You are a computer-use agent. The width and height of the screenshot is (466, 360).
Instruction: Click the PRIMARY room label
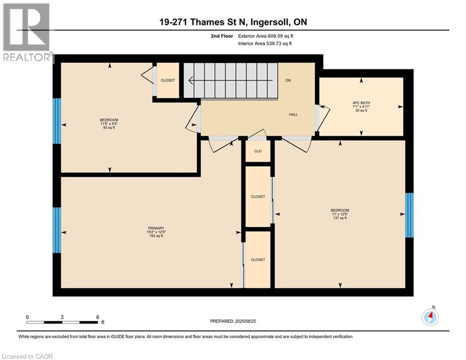156,228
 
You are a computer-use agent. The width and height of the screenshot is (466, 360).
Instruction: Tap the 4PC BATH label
361,102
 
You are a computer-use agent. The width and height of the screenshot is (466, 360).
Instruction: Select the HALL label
293,114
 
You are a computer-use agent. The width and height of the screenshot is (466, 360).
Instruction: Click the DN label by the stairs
288,80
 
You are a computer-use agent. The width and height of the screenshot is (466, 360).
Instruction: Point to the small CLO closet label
258,151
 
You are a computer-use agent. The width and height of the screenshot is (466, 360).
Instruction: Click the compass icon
430,317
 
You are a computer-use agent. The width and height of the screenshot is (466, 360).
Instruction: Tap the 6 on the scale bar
97,317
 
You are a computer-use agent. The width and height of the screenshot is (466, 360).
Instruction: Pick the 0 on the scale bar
28,317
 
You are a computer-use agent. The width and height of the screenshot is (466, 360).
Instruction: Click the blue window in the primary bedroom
57,230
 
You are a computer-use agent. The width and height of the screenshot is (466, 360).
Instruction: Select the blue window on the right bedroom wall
409,215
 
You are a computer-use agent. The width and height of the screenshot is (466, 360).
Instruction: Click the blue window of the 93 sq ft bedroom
57,121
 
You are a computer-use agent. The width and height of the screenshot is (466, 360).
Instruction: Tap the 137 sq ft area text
340,218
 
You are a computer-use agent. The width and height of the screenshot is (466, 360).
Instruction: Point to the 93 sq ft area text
105,127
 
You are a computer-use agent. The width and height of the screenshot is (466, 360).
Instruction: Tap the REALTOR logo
27,33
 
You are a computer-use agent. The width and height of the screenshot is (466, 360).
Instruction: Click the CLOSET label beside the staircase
168,81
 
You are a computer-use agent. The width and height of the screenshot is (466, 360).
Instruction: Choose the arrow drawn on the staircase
229,81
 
